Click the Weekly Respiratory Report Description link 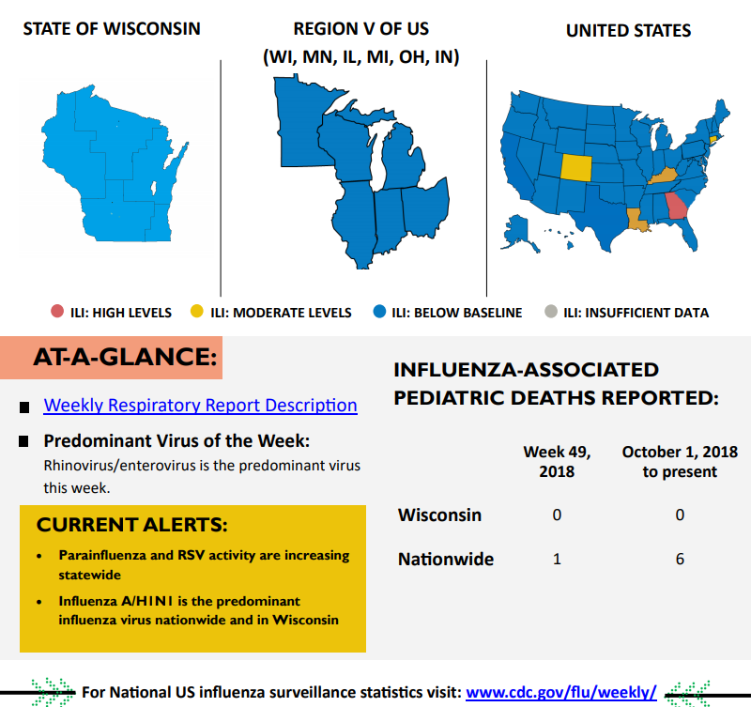tap(200, 406)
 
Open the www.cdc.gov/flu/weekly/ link tap(560, 692)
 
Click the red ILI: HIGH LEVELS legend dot tap(57, 312)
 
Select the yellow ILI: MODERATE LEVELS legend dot tap(196, 312)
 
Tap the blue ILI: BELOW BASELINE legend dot tap(379, 312)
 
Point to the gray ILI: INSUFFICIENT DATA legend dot tap(551, 312)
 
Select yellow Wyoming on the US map tap(576, 166)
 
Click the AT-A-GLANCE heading tap(125, 357)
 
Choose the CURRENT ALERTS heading tap(131, 524)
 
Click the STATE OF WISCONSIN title tap(112, 28)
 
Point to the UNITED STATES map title tap(628, 30)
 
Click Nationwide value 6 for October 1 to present tap(680, 559)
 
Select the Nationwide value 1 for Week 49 tap(557, 559)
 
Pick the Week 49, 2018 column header tap(557, 461)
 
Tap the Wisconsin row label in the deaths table tap(439, 515)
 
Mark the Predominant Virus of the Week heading tap(176, 441)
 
